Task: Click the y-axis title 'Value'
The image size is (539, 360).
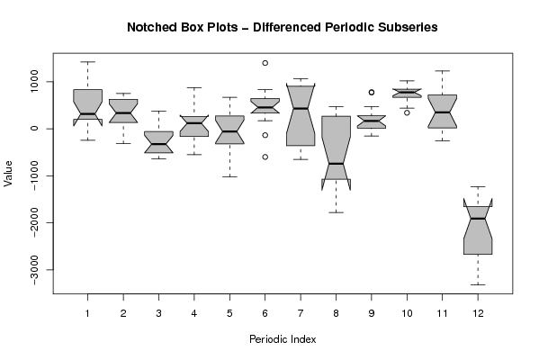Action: point(8,174)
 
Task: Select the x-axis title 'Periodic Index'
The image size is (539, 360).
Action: point(283,339)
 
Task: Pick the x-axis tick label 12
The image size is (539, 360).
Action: point(478,313)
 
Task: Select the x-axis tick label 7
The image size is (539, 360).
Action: point(301,313)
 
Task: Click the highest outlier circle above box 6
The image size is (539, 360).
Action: point(265,63)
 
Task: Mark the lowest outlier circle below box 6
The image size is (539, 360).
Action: point(265,157)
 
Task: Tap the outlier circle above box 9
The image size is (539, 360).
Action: point(372,92)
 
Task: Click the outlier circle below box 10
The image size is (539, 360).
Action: point(407,112)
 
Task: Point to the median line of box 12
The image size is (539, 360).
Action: point(478,219)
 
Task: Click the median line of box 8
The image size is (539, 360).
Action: point(336,164)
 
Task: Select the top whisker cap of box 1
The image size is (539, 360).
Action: point(87,62)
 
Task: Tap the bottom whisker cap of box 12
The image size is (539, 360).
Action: point(478,284)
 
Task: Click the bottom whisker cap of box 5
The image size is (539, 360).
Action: point(229,176)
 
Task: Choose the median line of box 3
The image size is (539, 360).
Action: point(158,144)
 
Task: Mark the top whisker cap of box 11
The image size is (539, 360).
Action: point(443,71)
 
